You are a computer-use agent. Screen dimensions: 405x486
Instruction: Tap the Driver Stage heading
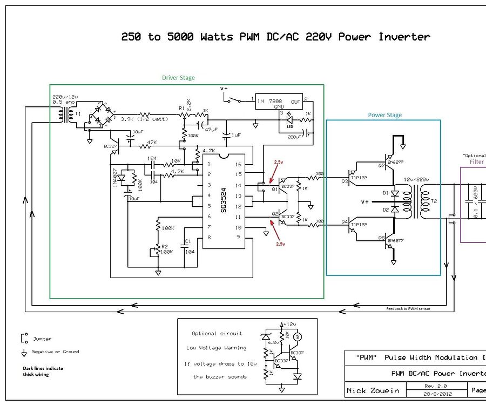(x=178, y=78)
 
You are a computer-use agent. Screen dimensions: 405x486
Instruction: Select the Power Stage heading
(x=384, y=115)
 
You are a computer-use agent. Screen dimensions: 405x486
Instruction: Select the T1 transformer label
(x=78, y=114)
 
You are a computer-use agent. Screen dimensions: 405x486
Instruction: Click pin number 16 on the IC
(x=239, y=164)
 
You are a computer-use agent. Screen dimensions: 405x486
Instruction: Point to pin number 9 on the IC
(x=238, y=237)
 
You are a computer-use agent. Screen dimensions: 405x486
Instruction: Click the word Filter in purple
(x=476, y=161)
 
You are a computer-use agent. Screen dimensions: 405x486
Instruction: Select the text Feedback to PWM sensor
(x=408, y=308)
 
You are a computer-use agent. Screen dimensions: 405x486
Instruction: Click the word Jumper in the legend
(x=42, y=339)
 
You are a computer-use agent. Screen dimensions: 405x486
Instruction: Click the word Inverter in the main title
(x=404, y=37)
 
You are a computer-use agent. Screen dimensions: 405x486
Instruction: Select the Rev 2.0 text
(x=434, y=386)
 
